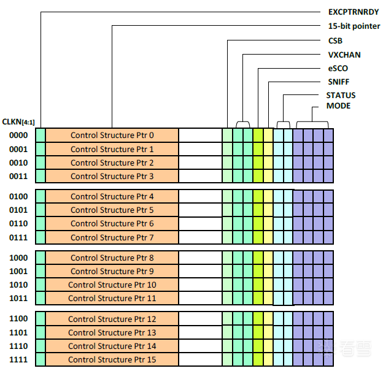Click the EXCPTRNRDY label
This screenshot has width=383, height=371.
point(354,12)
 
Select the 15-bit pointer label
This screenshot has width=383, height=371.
point(354,26)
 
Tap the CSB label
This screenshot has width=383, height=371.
point(336,41)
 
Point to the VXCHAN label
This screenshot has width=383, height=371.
point(344,55)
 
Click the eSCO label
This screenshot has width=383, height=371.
point(338,68)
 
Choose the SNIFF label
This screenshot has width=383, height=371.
point(339,82)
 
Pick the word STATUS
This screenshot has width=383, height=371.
point(341,95)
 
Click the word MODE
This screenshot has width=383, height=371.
point(338,105)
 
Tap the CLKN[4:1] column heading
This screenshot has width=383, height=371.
point(18,121)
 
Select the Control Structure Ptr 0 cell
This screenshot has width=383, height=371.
point(112,136)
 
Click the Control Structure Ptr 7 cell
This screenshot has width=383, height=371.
point(112,237)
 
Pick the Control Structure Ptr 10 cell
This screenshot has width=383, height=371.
point(112,285)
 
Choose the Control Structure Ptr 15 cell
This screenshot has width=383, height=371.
point(112,359)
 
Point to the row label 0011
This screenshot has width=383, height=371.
point(18,176)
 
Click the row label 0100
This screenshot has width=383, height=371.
point(18,196)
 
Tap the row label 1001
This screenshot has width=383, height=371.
point(18,271)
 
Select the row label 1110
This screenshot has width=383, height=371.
point(18,346)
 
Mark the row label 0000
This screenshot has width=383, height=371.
point(18,136)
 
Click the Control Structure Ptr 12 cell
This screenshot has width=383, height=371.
point(112,319)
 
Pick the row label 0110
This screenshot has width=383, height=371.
point(18,223)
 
